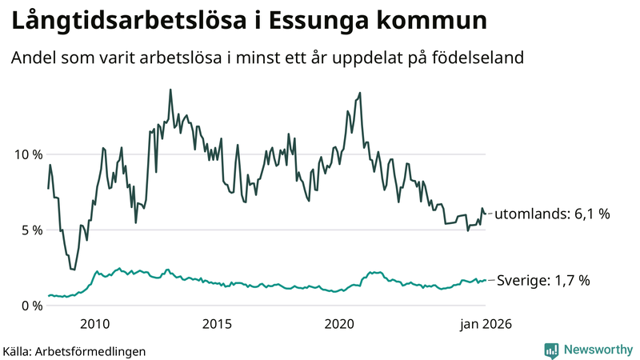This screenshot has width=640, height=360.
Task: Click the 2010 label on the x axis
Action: pos(94,324)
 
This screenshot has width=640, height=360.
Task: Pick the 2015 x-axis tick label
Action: pos(217,324)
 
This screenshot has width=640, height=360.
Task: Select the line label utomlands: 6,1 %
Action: pos(552,214)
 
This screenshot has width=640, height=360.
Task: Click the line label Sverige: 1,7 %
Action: pos(543,280)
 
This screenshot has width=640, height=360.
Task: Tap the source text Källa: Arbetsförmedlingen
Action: pos(74,351)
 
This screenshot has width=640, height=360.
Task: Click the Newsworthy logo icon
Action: pos(551,350)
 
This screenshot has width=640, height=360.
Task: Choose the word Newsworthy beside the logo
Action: pos(597,350)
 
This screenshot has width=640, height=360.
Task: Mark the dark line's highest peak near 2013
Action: pos(170,90)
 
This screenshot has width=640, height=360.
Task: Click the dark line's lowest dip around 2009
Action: pos(74,270)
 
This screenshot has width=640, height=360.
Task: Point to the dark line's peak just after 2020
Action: pos(360,93)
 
